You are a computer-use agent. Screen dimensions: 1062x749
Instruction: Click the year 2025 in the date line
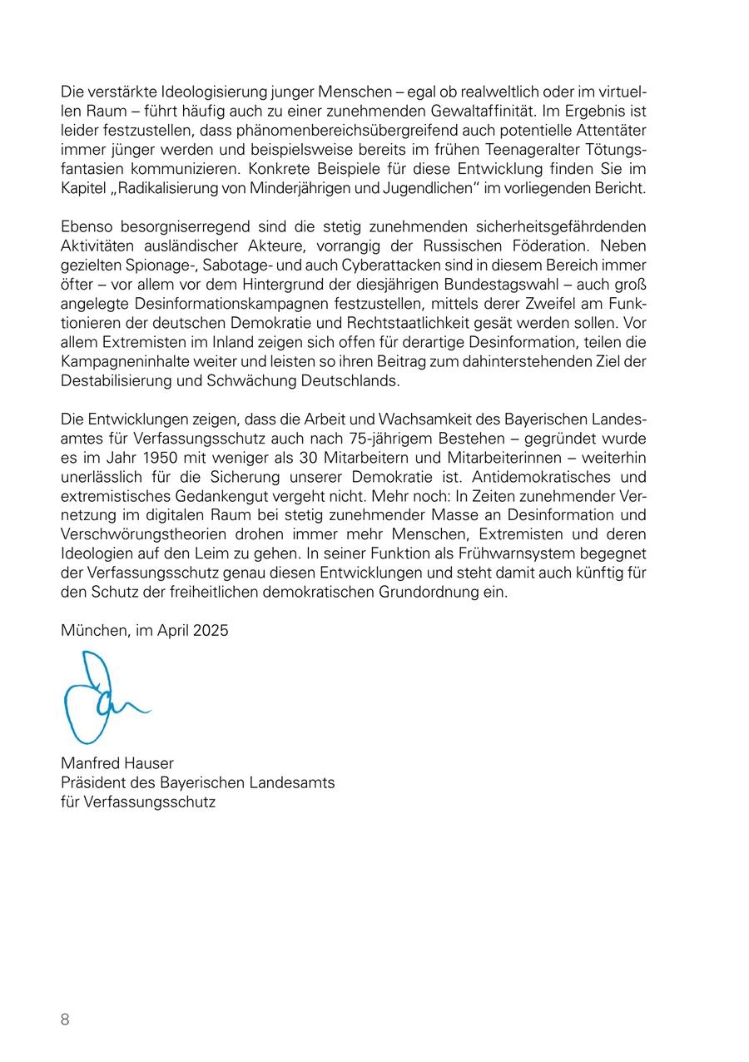tap(211, 631)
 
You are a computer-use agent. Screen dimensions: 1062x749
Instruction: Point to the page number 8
tap(65, 1020)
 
